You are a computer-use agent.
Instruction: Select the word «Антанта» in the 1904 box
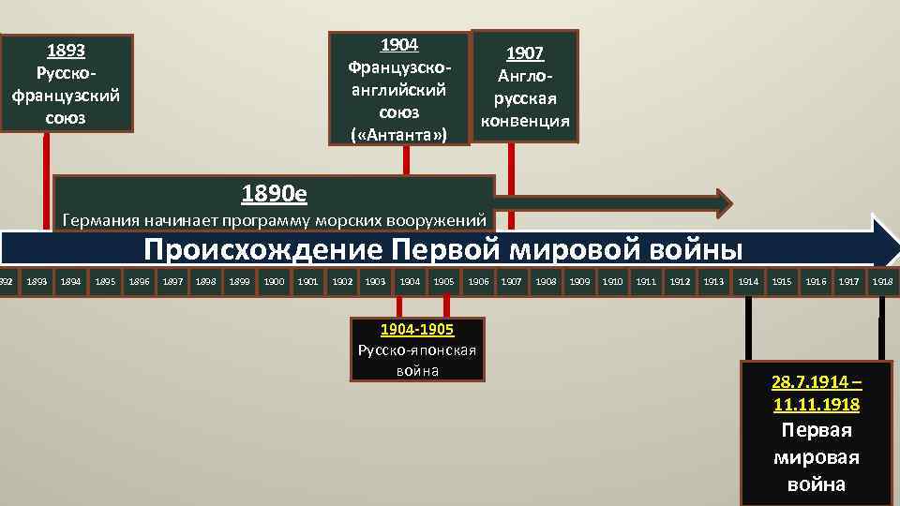[399, 135]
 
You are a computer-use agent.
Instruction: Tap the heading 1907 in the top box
[525, 53]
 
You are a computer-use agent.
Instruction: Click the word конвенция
[525, 121]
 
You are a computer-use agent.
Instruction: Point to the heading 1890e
[274, 194]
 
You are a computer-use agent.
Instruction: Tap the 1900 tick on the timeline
[275, 281]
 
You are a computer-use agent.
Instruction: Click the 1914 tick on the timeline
[748, 281]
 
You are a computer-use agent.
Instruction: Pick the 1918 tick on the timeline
[882, 281]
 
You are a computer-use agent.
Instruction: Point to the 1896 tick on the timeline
[139, 281]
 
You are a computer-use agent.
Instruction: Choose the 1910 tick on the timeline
[612, 281]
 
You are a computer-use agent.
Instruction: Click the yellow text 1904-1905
[417, 330]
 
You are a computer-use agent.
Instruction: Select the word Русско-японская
[417, 350]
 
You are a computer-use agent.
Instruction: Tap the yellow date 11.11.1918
[817, 405]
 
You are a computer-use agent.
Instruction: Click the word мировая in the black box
[817, 458]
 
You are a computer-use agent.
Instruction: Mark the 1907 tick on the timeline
[511, 281]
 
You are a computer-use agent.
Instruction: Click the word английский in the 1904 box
[399, 91]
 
